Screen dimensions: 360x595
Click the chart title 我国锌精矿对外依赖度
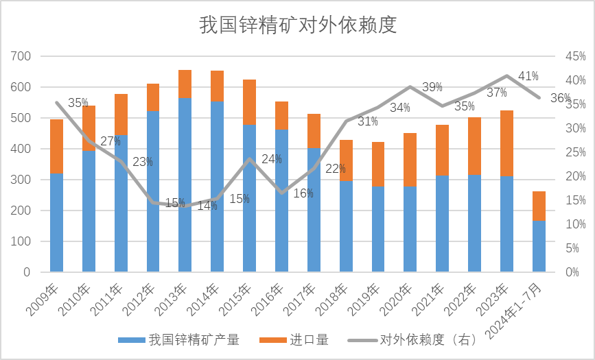coord(298,25)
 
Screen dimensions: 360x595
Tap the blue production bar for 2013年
coord(185,184)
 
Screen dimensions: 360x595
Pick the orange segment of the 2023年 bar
coord(506,143)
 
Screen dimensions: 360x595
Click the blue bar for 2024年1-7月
coord(539,245)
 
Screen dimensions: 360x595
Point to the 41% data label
coord(528,76)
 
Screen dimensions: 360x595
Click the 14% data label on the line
coord(207,205)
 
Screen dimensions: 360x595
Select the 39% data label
coord(432,87)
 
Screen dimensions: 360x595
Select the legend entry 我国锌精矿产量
coord(180,339)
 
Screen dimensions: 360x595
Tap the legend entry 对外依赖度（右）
coord(412,339)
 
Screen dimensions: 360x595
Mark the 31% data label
coord(368,121)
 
